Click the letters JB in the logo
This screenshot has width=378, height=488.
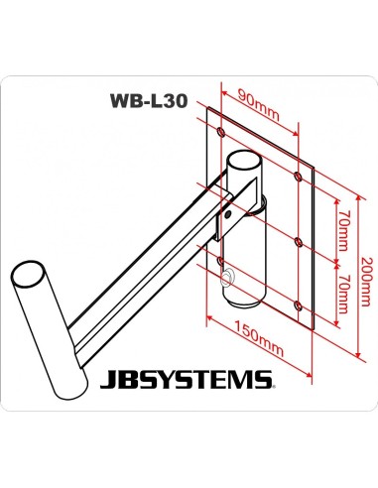[x=118, y=378]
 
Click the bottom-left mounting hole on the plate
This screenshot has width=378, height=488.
[x=219, y=259]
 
